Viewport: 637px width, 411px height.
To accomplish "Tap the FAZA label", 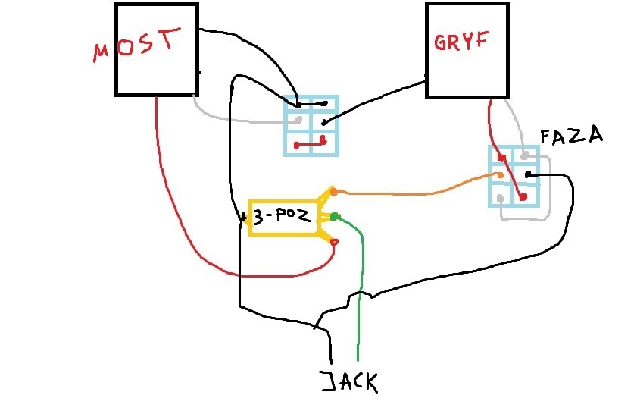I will [571, 136].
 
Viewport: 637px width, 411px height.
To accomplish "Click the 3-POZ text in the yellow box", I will [281, 216].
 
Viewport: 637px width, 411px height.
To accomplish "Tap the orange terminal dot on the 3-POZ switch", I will [333, 193].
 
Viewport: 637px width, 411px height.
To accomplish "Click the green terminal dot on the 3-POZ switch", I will [333, 217].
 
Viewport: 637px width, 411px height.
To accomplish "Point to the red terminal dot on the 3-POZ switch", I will [334, 243].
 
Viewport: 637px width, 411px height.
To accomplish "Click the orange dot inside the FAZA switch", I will [499, 177].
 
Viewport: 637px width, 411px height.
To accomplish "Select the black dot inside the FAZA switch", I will [527, 176].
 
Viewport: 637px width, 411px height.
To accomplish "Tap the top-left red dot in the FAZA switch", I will [501, 158].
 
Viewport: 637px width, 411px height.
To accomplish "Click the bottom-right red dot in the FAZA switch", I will [523, 197].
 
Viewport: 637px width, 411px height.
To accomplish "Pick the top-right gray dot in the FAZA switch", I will [523, 155].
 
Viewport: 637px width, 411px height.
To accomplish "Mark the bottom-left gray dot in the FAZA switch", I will [500, 199].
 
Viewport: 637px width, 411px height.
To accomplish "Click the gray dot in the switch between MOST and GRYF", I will [298, 121].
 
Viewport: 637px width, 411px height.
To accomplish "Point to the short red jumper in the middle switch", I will [309, 142].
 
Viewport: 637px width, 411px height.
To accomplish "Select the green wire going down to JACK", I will [361, 303].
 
